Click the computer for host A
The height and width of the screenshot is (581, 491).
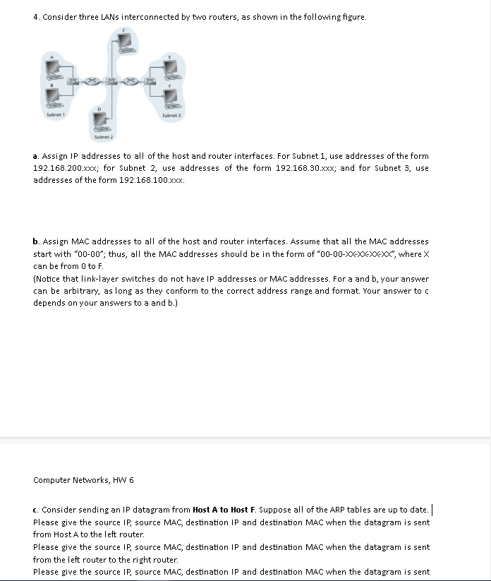53,68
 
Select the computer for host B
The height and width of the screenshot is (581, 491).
53,95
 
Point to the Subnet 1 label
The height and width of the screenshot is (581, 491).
54,114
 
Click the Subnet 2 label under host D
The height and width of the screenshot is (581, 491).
104,136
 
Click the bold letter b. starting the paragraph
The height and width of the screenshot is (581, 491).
36,241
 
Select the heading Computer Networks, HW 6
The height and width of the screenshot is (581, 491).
83,480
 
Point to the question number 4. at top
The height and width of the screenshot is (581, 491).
36,17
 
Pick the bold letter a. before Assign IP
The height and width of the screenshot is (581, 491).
36,156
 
